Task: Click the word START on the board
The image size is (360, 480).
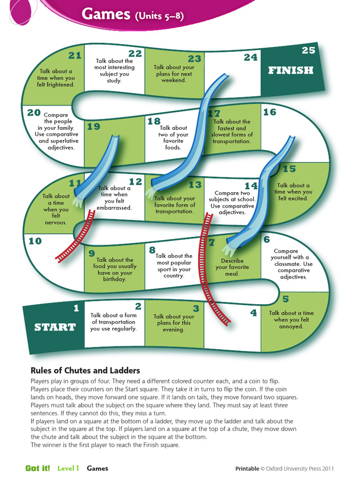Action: [55, 327]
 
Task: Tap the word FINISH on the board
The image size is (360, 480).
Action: [291, 71]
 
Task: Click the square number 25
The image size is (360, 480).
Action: [308, 50]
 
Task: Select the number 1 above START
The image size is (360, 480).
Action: [75, 308]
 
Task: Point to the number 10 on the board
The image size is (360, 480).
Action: [35, 241]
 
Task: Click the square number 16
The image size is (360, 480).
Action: [270, 112]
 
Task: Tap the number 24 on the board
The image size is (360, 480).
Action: [251, 57]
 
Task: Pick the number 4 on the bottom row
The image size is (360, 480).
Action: [254, 313]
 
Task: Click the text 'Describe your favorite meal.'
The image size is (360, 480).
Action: [232, 267]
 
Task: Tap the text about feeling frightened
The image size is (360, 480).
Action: [56, 78]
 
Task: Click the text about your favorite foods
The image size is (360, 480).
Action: [173, 137]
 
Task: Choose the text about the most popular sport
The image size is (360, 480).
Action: [174, 266]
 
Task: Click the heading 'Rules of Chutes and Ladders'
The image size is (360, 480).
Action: [85, 370]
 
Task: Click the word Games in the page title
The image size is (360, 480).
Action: [106, 15]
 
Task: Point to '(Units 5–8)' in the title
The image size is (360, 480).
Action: [159, 16]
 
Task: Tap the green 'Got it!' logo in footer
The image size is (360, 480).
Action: [37, 468]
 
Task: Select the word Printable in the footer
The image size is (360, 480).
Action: [247, 469]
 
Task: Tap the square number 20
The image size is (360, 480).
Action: [34, 112]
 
